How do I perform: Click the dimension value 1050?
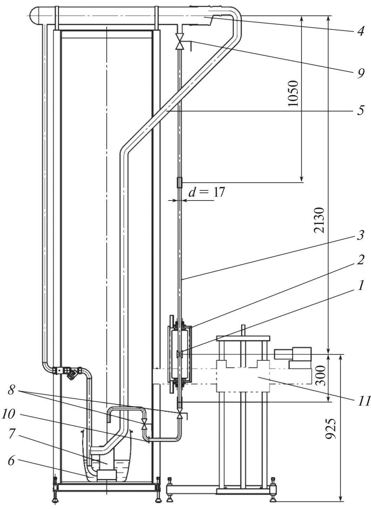tap(293, 93)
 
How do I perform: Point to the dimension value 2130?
tap(319, 220)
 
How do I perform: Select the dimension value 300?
tap(321, 375)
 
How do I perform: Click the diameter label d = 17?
tap(207, 192)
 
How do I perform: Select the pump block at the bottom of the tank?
tap(107, 475)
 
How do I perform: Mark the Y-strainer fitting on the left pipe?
tap(72, 373)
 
